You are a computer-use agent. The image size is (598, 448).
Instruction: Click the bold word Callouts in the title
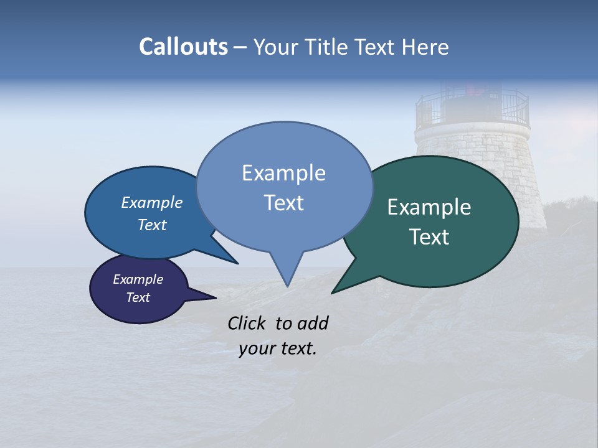(x=183, y=47)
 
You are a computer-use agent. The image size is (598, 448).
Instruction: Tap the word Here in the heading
(x=425, y=47)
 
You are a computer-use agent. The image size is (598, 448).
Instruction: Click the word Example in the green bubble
(x=429, y=207)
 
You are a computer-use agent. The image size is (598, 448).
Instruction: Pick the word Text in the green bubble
(x=429, y=237)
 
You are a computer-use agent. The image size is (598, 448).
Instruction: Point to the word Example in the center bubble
(x=283, y=173)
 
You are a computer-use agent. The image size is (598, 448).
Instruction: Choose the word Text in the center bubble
(x=283, y=203)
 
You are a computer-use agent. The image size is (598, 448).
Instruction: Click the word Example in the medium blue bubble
(x=151, y=202)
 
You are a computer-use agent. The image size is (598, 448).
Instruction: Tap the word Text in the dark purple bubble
(x=138, y=297)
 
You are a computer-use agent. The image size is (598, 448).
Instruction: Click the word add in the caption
(x=313, y=323)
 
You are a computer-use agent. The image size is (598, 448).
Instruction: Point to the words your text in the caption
(x=278, y=348)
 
